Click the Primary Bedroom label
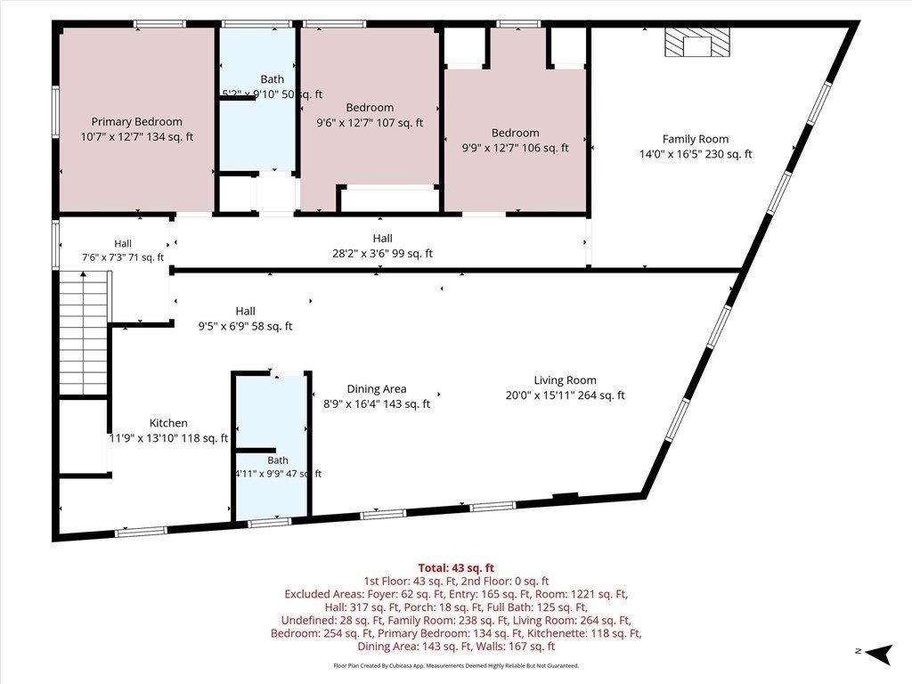click(136, 121)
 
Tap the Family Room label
click(696, 139)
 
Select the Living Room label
click(566, 380)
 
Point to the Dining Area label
click(377, 389)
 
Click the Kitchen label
click(168, 423)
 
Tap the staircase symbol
click(85, 333)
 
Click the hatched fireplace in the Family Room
click(697, 43)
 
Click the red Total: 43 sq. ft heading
click(457, 567)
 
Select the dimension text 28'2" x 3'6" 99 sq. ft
click(382, 254)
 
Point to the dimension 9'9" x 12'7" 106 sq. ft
click(516, 149)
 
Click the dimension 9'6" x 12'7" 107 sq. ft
click(370, 123)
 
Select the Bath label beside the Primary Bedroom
click(273, 79)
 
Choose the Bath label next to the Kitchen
click(278, 460)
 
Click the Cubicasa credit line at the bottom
click(456, 666)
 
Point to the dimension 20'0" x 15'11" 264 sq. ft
click(566, 395)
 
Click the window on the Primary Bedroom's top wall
click(159, 24)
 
